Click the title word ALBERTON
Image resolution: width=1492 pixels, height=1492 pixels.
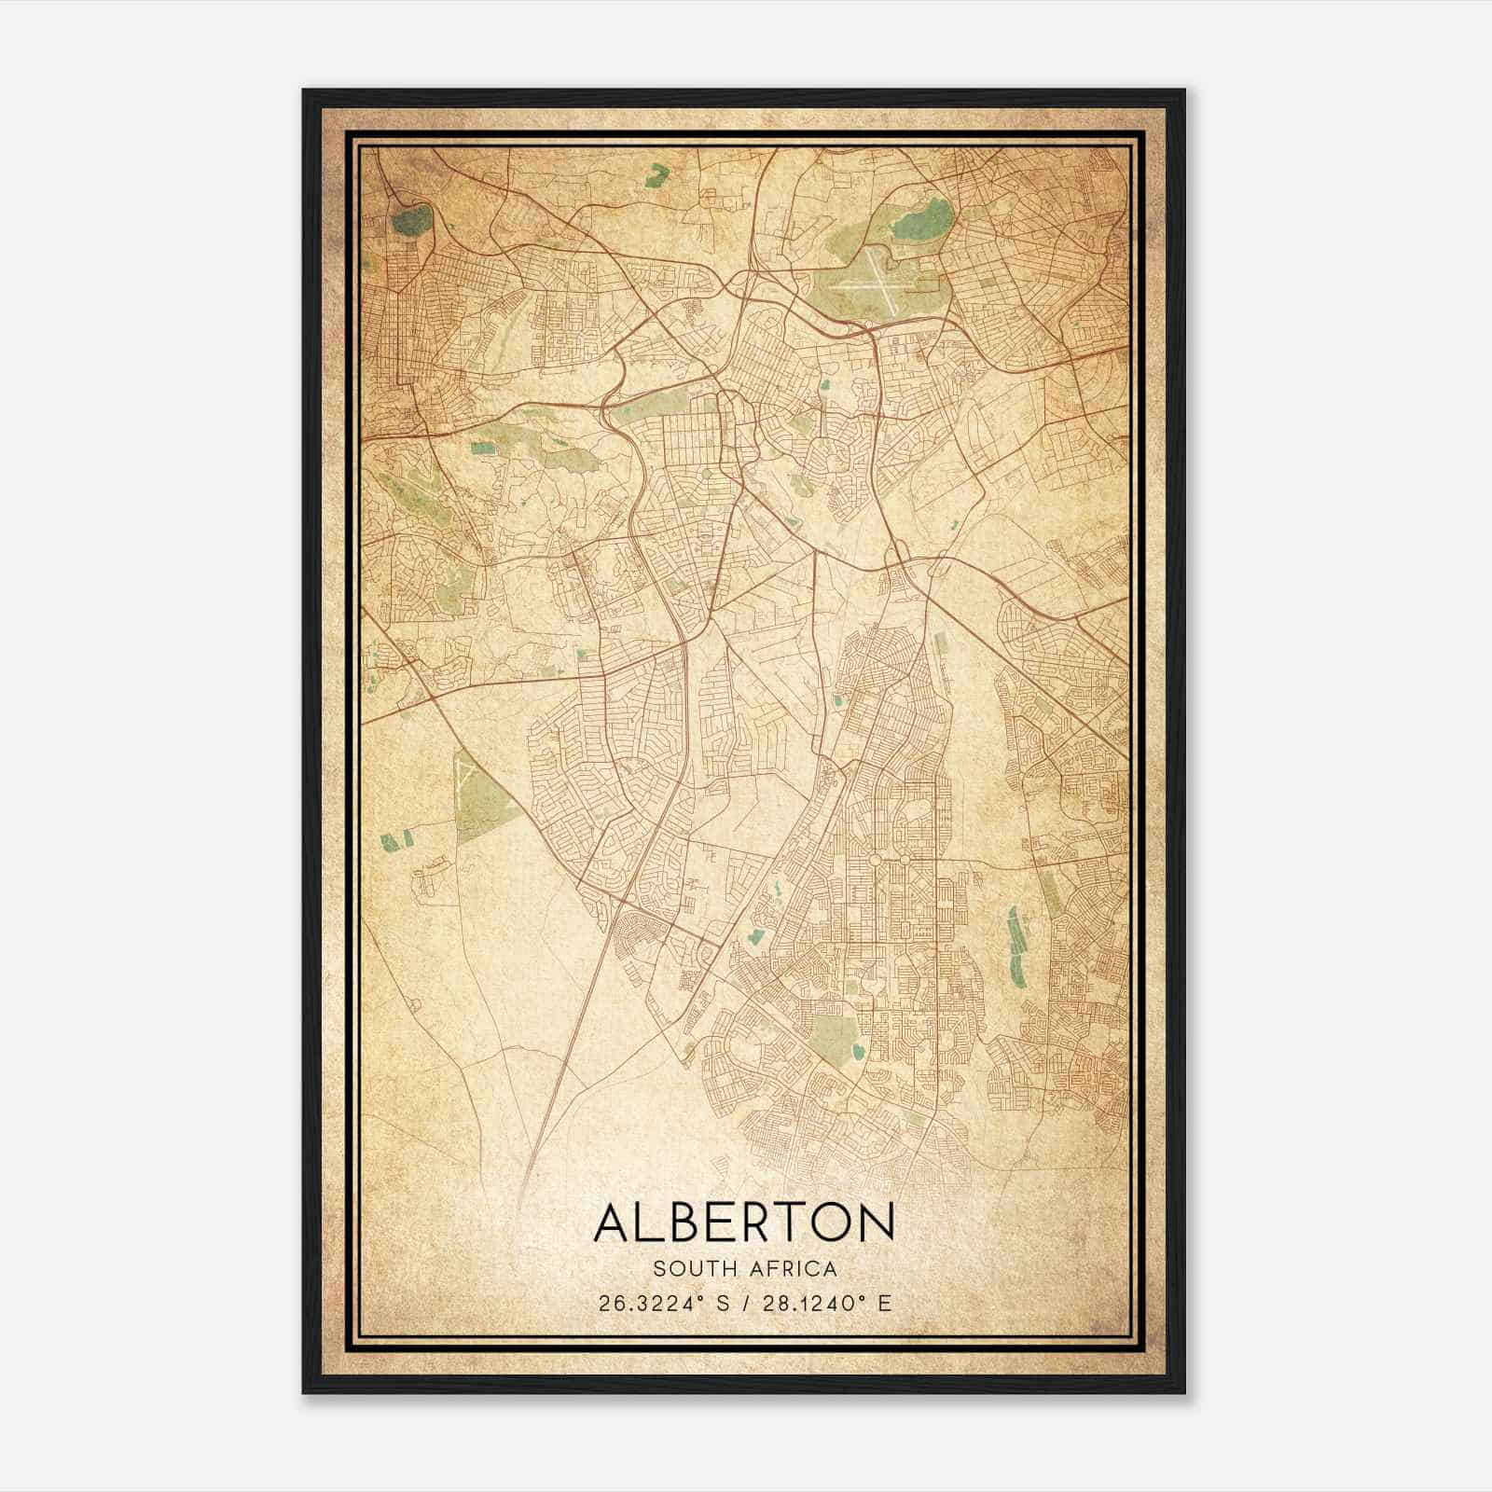[743, 1223]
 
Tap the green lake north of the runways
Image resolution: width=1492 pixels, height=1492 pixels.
[923, 220]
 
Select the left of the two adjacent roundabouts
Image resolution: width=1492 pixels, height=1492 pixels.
[875, 857]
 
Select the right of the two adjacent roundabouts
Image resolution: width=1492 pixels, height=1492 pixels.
[904, 857]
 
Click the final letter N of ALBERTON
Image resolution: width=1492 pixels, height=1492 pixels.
[877, 1223]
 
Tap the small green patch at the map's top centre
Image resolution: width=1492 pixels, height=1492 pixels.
[659, 172]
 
